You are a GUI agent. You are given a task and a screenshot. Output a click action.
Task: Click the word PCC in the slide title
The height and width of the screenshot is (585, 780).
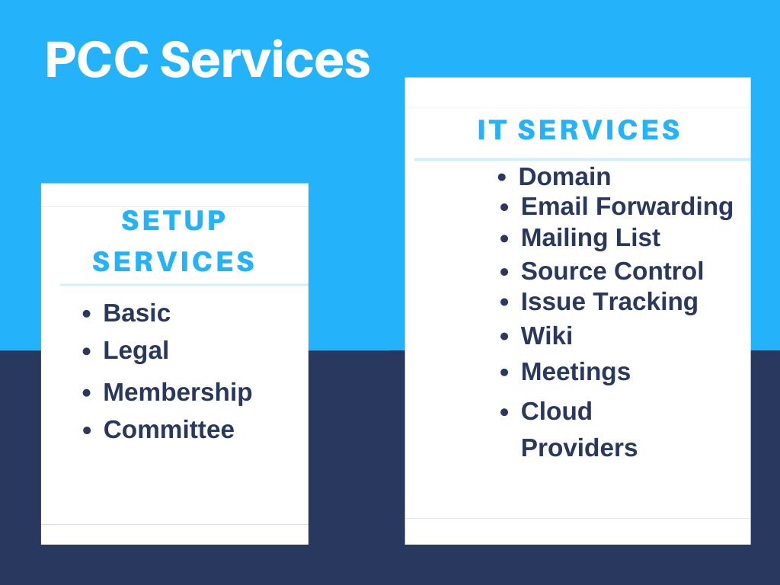(97, 59)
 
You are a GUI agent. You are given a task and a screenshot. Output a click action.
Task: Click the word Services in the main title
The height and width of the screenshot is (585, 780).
(265, 59)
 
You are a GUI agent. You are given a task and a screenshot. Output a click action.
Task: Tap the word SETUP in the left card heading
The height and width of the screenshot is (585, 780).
(174, 220)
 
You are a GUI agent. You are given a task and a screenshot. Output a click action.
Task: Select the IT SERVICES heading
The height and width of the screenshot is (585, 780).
(579, 129)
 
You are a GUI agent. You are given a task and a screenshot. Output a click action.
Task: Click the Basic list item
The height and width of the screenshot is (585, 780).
(137, 313)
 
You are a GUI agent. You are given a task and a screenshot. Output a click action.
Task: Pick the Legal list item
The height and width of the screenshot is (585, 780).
(136, 351)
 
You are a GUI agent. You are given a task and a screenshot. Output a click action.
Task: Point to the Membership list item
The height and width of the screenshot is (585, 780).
(177, 392)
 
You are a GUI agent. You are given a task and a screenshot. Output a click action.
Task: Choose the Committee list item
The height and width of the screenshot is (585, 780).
(168, 430)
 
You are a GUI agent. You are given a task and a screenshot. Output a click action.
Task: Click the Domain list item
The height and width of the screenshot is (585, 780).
(564, 177)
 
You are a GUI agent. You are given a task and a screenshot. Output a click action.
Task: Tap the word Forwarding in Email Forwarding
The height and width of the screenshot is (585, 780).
(664, 207)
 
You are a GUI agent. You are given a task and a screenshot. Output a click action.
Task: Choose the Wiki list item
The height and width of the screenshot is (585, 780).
(547, 336)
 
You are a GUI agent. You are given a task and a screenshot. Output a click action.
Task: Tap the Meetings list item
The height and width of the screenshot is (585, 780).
(576, 372)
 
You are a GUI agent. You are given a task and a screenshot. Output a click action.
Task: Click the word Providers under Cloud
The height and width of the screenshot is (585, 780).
(579, 448)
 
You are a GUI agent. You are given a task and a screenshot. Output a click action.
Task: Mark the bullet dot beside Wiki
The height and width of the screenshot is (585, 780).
(504, 336)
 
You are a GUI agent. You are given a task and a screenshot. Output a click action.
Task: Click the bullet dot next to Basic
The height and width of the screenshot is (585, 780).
(87, 313)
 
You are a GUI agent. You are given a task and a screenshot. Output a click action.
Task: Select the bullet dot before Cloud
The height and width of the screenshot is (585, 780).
(504, 412)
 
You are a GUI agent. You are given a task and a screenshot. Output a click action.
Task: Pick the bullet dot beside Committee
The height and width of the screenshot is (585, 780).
(87, 430)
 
